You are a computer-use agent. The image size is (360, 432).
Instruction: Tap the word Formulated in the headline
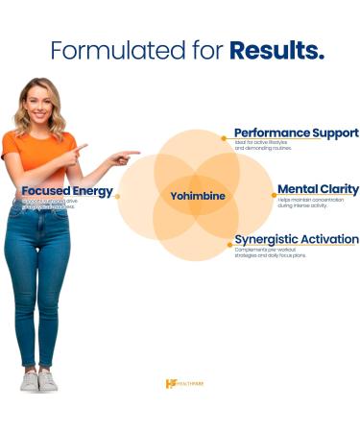[107, 51]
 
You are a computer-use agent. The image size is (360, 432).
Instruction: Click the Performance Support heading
[297, 132]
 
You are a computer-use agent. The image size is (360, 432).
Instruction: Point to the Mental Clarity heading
[318, 189]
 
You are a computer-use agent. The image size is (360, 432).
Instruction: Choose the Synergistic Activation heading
[297, 239]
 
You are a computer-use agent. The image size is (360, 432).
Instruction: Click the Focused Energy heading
[67, 191]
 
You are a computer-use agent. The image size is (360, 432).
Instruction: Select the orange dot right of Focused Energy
[117, 197]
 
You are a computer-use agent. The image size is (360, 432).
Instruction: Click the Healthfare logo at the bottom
[184, 383]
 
